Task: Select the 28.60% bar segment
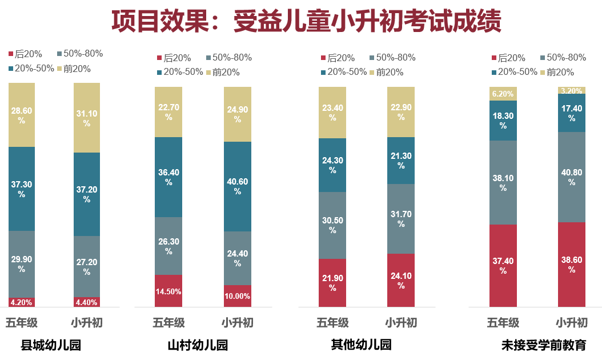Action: click(x=22, y=114)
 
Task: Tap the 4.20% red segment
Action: click(x=22, y=302)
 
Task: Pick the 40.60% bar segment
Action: click(x=238, y=186)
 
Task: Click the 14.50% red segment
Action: click(x=168, y=291)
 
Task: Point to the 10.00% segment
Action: click(x=238, y=296)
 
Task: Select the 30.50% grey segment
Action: click(x=332, y=225)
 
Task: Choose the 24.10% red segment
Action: click(x=401, y=280)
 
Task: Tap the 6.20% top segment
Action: click(x=503, y=94)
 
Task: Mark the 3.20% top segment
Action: click(x=572, y=90)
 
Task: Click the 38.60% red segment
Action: click(x=572, y=264)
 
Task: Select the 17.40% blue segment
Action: click(x=572, y=113)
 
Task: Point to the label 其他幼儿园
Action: click(x=362, y=345)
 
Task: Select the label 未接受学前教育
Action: click(x=543, y=346)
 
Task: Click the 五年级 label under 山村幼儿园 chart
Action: click(x=168, y=323)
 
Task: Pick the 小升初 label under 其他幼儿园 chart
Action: click(x=401, y=323)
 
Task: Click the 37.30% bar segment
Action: click(x=22, y=189)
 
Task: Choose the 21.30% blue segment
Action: click(x=401, y=161)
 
